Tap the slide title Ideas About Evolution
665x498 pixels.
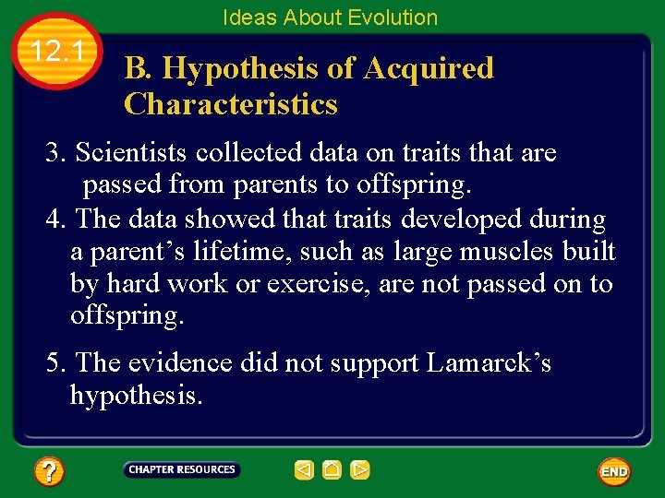(x=330, y=18)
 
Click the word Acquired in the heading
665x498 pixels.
(x=429, y=68)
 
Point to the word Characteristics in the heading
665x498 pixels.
(x=231, y=104)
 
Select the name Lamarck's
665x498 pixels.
(x=489, y=363)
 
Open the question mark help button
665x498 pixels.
(x=49, y=472)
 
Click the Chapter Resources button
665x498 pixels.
(x=181, y=470)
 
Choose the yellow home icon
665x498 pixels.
(x=332, y=470)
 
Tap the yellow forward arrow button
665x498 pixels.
(x=360, y=470)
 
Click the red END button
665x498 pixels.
(x=614, y=471)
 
